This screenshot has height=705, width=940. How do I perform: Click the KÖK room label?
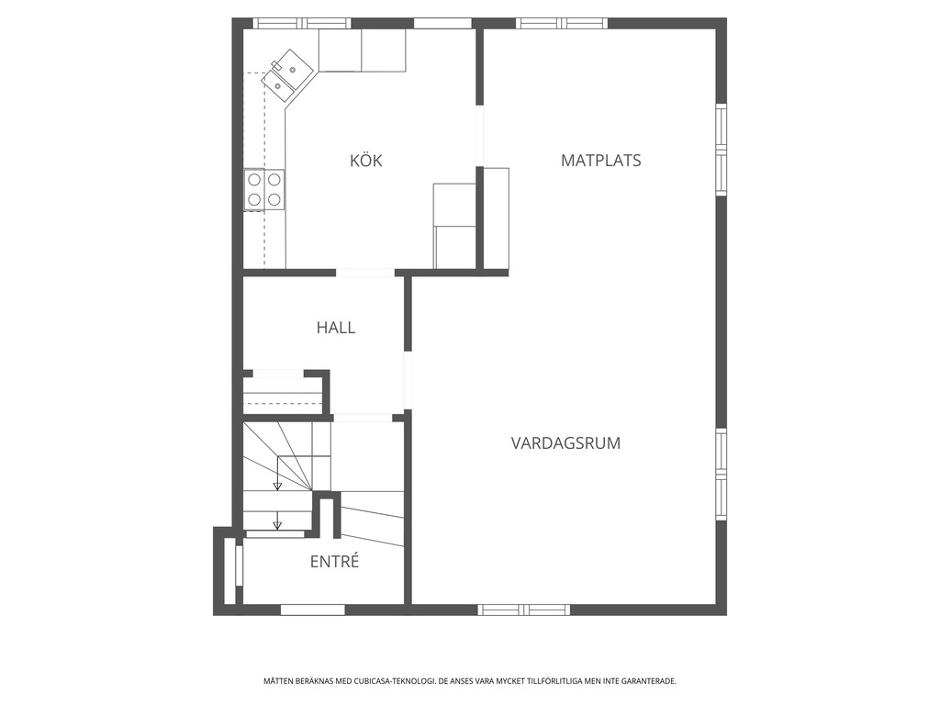point(365,160)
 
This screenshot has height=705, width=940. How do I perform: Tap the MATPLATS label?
point(600,161)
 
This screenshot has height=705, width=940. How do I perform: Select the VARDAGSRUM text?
point(565,443)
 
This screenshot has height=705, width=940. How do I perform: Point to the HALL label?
point(336,328)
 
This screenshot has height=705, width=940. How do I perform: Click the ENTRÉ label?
point(334,562)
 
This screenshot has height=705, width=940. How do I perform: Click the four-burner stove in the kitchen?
point(263,190)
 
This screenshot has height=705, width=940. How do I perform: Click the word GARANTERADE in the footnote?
point(653,681)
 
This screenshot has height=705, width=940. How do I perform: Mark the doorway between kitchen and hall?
point(365,273)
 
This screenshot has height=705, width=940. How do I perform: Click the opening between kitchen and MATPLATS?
point(479,136)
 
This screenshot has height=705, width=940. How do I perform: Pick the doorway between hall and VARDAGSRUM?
point(408,381)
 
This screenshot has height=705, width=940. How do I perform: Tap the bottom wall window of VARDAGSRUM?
point(524,610)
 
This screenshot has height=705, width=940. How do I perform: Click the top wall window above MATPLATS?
point(563,23)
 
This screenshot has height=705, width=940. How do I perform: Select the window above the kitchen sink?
point(301,23)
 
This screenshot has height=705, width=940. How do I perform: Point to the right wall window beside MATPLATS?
point(722,150)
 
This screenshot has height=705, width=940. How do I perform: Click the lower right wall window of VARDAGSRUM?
point(722,475)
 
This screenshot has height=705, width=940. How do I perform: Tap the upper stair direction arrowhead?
point(277,486)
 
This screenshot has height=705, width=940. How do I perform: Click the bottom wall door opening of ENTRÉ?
point(313,610)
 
